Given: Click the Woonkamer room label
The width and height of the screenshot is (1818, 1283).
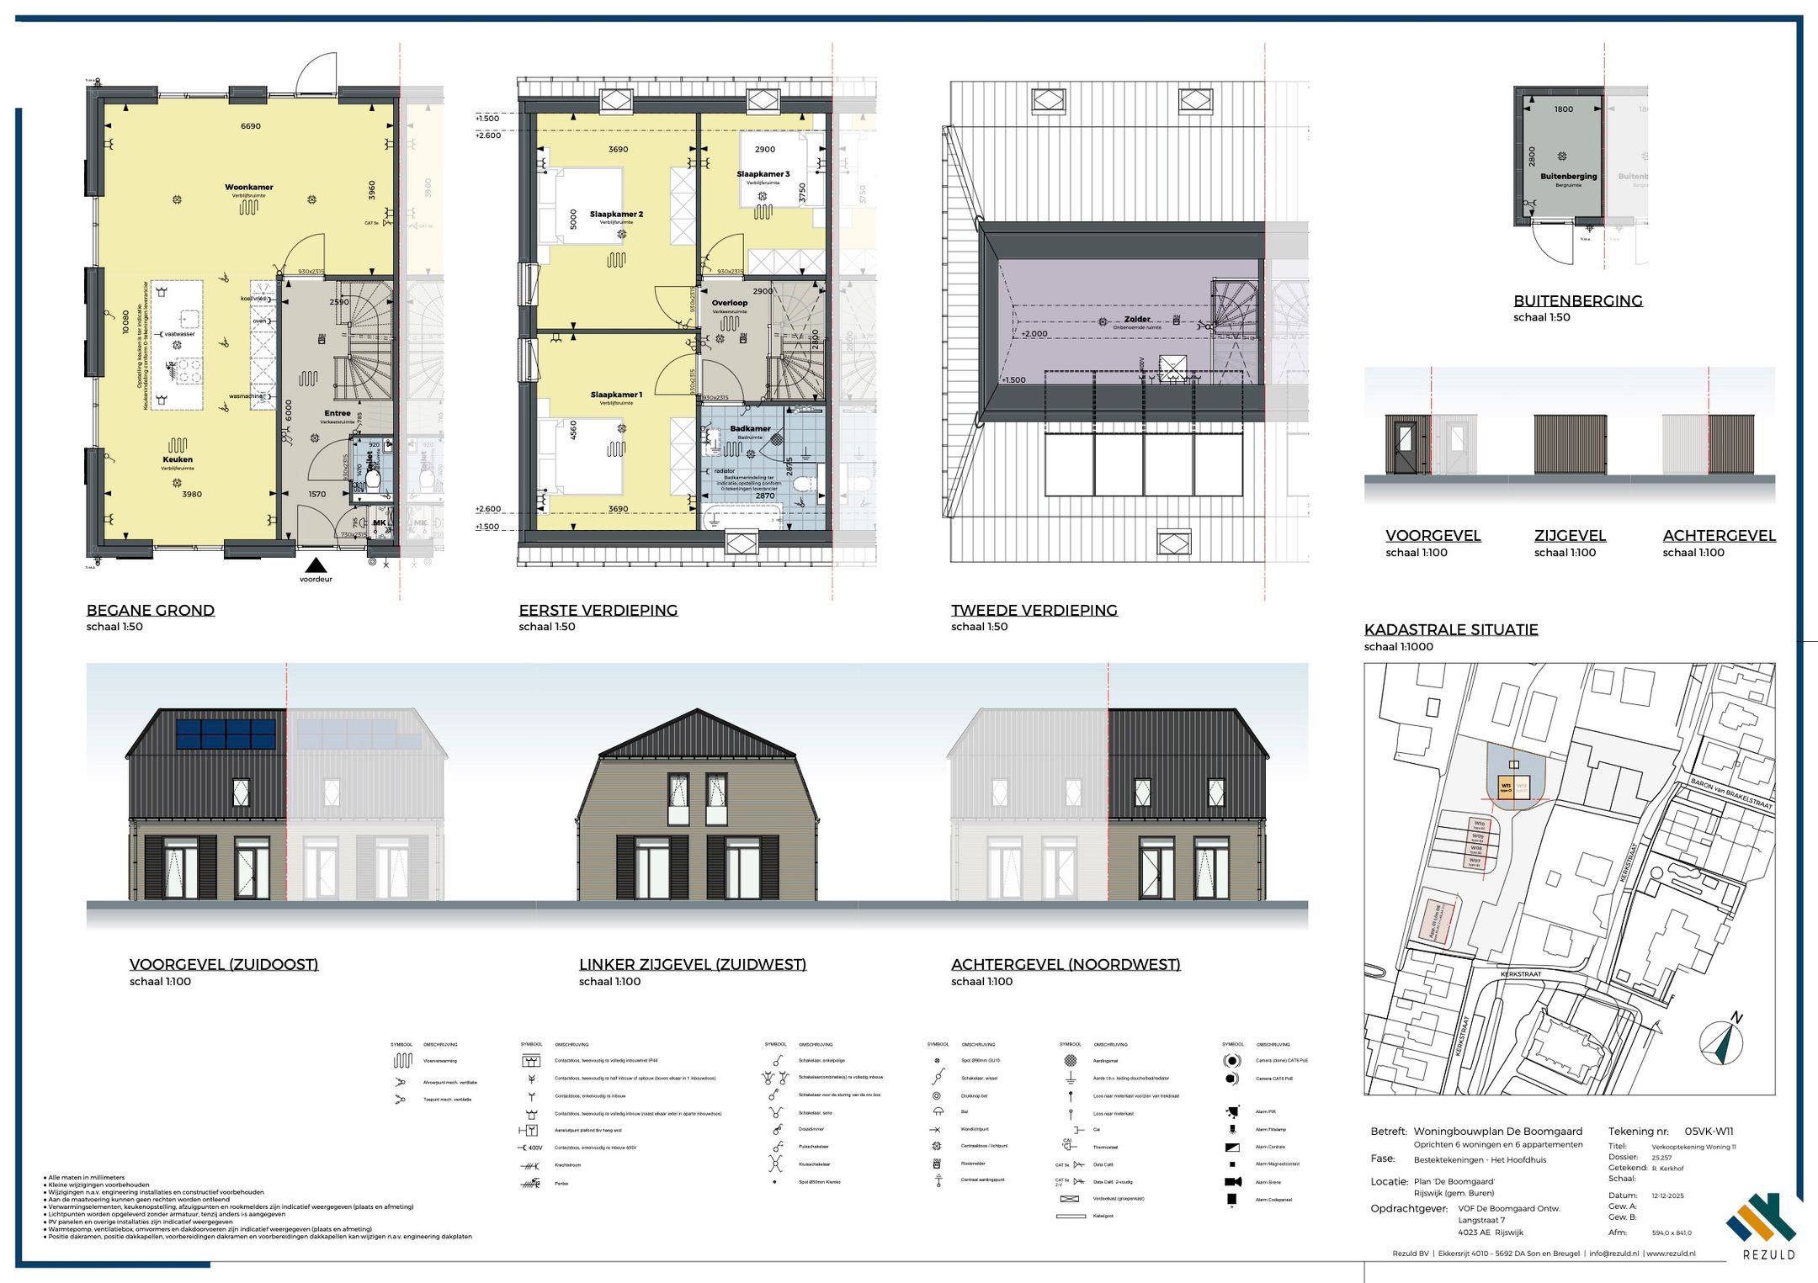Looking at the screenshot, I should (x=248, y=188).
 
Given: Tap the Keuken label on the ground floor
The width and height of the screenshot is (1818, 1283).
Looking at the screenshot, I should (x=178, y=459).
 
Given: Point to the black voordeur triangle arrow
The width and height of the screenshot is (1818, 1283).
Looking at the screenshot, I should (x=316, y=565).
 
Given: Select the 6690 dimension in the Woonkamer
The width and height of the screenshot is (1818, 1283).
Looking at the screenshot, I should (x=251, y=126).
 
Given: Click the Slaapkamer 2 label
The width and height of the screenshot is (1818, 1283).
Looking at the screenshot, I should (x=616, y=215).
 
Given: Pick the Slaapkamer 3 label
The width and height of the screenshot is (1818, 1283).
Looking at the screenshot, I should (x=763, y=174).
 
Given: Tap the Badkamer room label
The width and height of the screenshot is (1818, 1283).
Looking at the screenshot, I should (x=750, y=428).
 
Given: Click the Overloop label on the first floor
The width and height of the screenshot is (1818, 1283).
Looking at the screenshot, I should (x=729, y=303).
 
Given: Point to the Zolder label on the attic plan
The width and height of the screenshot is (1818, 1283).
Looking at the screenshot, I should (x=1137, y=320).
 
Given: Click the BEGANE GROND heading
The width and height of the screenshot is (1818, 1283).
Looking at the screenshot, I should (x=151, y=610).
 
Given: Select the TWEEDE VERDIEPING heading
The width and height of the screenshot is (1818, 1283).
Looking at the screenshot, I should (x=1034, y=610).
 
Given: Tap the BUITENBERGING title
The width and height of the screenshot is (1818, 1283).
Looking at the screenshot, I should (x=1577, y=300).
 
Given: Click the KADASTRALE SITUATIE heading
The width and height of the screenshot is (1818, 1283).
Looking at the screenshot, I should (x=1451, y=629).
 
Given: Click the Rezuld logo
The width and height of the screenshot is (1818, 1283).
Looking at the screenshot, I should (x=1762, y=1225).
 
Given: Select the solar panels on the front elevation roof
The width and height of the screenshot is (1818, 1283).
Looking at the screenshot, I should (x=226, y=734).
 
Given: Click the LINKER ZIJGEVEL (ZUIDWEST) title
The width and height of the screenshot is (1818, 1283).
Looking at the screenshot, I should (x=692, y=964).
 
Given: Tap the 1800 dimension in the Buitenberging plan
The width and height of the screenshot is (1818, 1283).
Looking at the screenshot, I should (x=1564, y=109).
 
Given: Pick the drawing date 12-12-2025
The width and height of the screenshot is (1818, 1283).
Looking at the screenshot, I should (x=1668, y=1195).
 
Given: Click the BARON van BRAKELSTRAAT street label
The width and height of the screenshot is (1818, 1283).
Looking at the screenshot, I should (x=1731, y=793).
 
